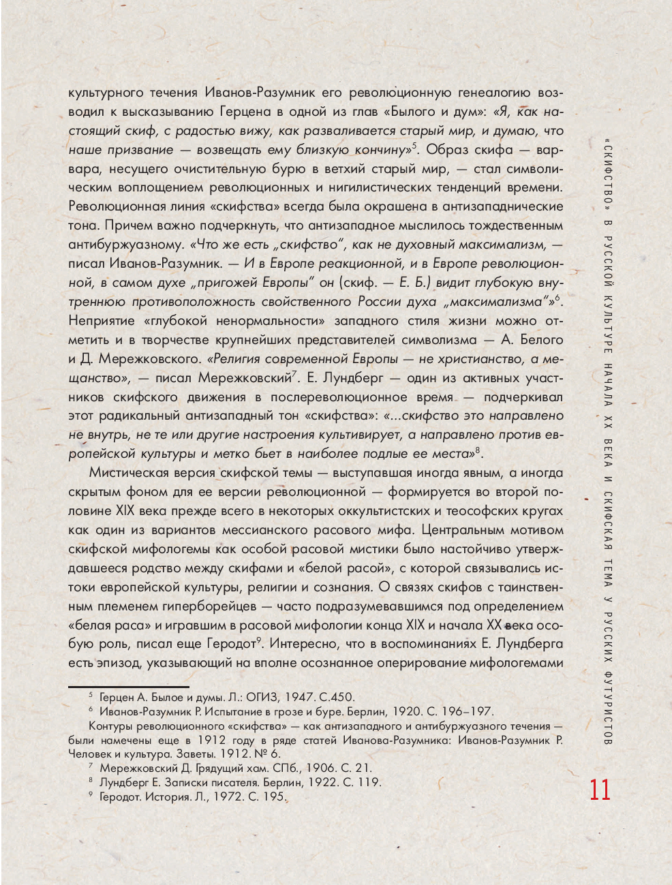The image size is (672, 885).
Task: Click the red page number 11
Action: tap(600, 790)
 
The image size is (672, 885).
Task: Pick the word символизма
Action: tap(441, 339)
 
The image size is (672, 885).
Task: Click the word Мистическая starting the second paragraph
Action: tap(132, 473)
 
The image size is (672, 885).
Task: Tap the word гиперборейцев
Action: tap(204, 606)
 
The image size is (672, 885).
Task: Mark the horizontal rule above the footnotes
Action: tap(129, 687)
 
